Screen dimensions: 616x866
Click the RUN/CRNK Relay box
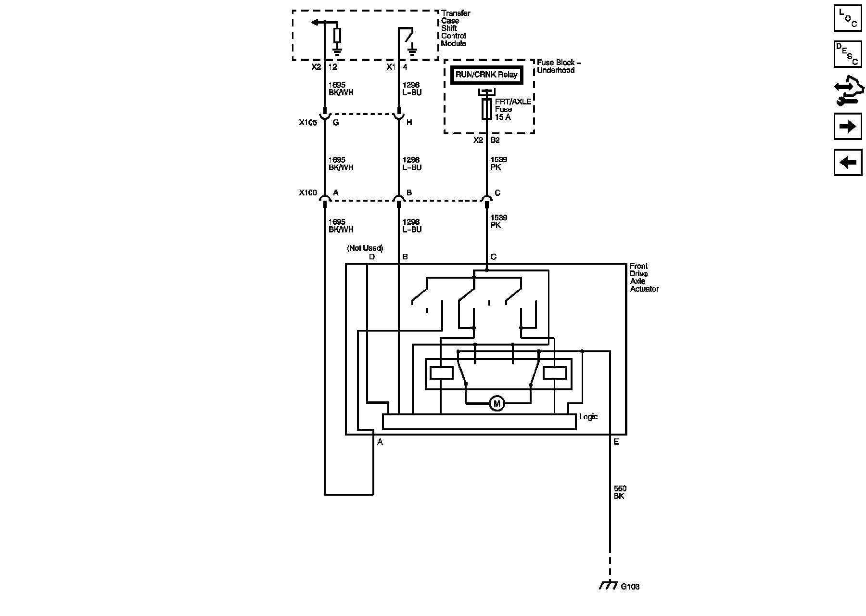click(x=486, y=75)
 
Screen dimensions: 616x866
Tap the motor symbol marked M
click(x=497, y=403)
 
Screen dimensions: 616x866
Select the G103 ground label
click(x=630, y=587)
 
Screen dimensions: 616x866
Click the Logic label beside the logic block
click(x=588, y=417)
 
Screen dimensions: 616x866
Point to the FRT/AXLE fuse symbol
click(x=486, y=109)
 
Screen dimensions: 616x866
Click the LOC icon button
click(x=848, y=18)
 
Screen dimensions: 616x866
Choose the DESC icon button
click(x=848, y=54)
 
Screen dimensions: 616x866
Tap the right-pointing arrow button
click(x=848, y=127)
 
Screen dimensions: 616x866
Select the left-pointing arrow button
click(x=848, y=162)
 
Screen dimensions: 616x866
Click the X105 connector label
click(x=308, y=123)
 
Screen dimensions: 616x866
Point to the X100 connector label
click(x=308, y=193)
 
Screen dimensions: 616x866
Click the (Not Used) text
click(x=365, y=248)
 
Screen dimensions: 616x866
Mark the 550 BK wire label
click(x=620, y=492)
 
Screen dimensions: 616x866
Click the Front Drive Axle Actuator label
click(x=644, y=278)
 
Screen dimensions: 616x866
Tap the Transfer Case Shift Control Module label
click(x=455, y=28)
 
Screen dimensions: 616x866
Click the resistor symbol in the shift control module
click(x=337, y=36)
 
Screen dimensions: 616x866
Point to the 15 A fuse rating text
click(x=503, y=117)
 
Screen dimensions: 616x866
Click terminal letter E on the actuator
click(x=616, y=442)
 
